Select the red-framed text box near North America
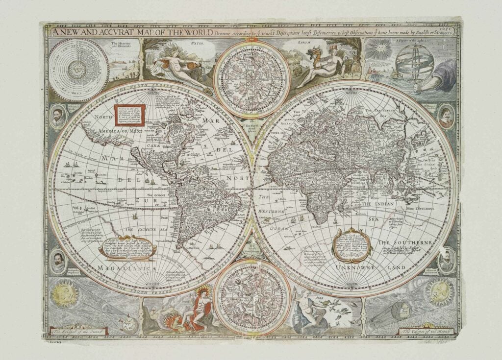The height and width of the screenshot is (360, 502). [129, 115]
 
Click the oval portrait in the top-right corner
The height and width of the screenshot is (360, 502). [446, 116]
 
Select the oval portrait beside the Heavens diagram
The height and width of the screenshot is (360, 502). [58, 116]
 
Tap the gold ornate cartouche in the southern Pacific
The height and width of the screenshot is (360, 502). [127, 248]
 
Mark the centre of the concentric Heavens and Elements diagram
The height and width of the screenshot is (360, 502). [78, 70]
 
